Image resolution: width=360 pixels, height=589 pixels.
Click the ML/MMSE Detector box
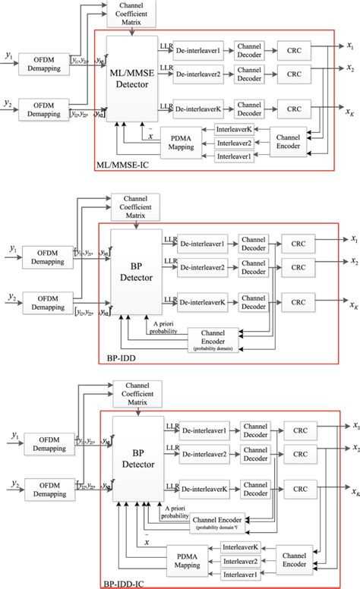click(134, 75)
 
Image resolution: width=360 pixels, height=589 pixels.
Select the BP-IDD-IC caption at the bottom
click(128, 583)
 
